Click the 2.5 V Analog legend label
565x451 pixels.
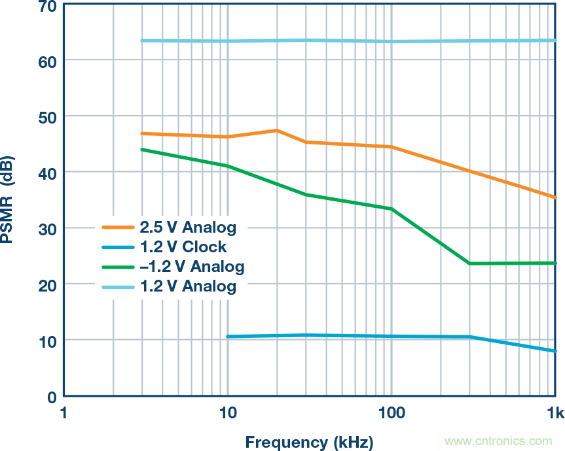click(x=187, y=227)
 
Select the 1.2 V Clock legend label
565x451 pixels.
click(x=183, y=247)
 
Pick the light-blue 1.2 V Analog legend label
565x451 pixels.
click(x=187, y=286)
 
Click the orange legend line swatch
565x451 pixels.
click(x=118, y=227)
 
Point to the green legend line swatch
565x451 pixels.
click(x=118, y=267)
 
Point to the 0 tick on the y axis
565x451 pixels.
click(x=52, y=397)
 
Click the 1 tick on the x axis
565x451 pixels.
click(x=64, y=413)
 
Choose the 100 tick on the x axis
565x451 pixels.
click(x=392, y=413)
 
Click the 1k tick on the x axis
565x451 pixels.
click(x=555, y=413)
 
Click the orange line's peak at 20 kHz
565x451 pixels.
click(x=276, y=131)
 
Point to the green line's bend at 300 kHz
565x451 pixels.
click(x=469, y=263)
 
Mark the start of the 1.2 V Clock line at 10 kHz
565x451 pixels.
click(x=228, y=337)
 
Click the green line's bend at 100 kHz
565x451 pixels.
click(x=392, y=209)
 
